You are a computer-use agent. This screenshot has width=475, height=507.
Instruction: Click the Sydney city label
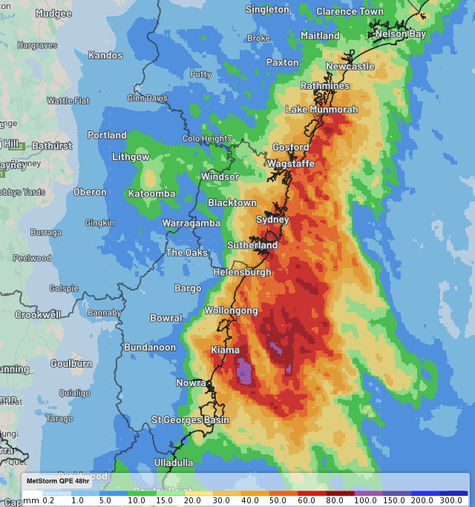click(272, 219)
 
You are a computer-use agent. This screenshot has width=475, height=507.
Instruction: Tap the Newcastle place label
click(350, 67)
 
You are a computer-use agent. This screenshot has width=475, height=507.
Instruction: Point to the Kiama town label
click(225, 349)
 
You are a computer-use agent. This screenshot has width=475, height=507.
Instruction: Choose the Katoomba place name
click(151, 194)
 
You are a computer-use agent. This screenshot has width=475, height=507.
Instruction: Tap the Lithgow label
click(131, 157)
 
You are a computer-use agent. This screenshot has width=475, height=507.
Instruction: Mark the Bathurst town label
click(52, 146)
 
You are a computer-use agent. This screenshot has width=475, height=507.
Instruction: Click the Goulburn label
click(71, 363)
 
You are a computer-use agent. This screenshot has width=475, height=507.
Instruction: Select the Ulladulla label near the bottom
click(173, 463)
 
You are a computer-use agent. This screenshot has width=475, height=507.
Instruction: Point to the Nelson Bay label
click(400, 34)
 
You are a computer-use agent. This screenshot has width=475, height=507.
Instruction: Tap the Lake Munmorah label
click(322, 110)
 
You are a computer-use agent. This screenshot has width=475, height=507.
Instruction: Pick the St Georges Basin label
click(191, 420)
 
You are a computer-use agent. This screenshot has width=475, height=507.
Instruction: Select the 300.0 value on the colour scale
click(452, 501)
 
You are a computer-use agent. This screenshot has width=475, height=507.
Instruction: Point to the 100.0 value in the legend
click(365, 501)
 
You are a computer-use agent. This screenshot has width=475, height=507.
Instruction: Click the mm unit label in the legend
click(31, 501)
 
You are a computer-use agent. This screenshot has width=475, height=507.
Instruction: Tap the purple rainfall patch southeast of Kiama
click(244, 370)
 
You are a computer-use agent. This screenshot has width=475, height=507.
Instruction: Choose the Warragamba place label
click(191, 223)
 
